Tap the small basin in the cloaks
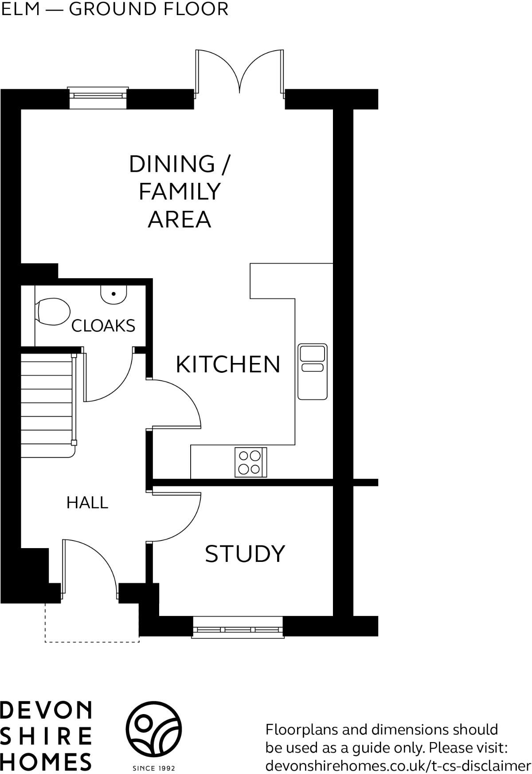[114, 294]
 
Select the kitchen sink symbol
[313, 371]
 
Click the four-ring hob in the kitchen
[250, 462]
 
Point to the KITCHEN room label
[228, 364]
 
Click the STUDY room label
[245, 553]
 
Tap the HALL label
[87, 503]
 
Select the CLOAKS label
[103, 326]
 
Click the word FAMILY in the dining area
[180, 192]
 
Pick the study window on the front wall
[238, 630]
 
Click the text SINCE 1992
[154, 768]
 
